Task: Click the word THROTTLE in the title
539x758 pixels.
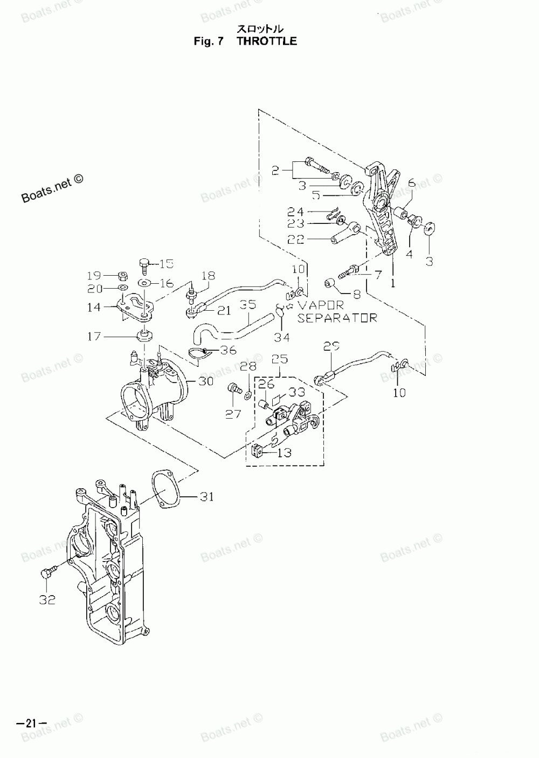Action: coord(267,41)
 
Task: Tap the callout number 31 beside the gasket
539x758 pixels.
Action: coord(206,496)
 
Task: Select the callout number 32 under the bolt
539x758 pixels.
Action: coord(47,599)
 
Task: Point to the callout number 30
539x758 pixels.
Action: coord(206,381)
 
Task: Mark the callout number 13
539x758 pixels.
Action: coord(284,452)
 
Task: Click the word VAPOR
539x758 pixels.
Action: coord(321,305)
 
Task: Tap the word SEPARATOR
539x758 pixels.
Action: coord(337,318)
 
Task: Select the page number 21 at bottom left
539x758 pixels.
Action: coord(31,723)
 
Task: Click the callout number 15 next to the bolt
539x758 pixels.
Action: coord(167,263)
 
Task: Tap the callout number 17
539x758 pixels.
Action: coord(94,336)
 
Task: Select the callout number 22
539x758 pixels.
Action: coord(296,238)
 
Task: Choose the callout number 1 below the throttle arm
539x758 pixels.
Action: coord(393,282)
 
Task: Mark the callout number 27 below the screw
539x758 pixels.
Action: coord(233,415)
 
